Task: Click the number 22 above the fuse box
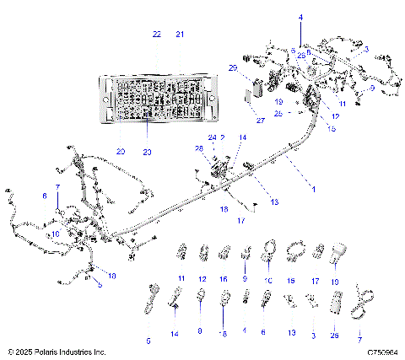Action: coord(156,34)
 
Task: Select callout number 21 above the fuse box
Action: coord(179,34)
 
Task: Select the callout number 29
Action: coord(232,67)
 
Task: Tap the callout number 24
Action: coord(213,137)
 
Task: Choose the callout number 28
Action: coord(199,148)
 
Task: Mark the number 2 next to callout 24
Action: coord(223,137)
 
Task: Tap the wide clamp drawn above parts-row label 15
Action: coord(292,250)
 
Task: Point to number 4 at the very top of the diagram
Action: coord(300,17)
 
